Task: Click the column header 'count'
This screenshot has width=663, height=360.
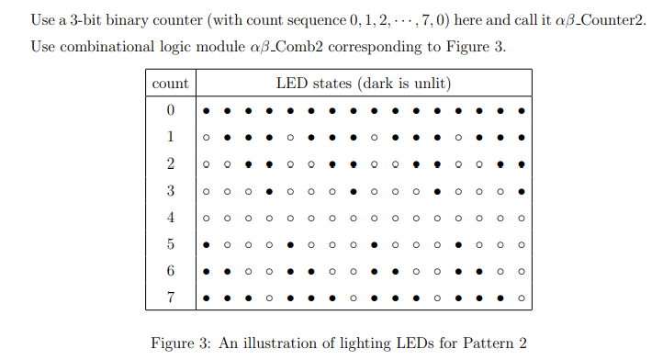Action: [x=170, y=84]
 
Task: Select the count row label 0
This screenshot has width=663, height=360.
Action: [x=170, y=111]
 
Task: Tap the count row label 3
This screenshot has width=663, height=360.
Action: [x=170, y=192]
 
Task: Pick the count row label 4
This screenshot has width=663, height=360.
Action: [x=170, y=219]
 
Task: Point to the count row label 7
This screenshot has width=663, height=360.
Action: [x=170, y=298]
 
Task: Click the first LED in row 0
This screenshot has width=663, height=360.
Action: [x=206, y=111]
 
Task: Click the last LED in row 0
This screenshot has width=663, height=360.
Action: [x=522, y=111]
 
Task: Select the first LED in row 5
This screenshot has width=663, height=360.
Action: [x=206, y=245]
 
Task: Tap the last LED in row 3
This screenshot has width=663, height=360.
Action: [x=522, y=192]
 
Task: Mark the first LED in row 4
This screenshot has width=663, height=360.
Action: [x=206, y=219]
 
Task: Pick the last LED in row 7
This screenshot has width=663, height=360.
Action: [x=522, y=298]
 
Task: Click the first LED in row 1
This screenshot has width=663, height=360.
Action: [x=206, y=139]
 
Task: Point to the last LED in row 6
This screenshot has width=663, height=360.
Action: [x=522, y=272]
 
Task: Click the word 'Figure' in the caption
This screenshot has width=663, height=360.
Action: [x=173, y=343]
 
